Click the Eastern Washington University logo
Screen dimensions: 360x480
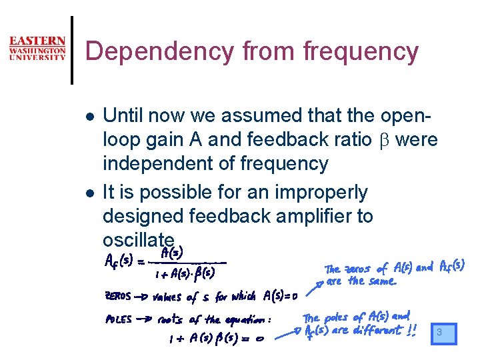[37, 49]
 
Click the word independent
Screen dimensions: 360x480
[157, 163]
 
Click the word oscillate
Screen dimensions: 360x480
[139, 239]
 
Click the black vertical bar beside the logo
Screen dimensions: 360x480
[73, 51]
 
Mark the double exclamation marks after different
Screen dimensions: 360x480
[411, 329]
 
